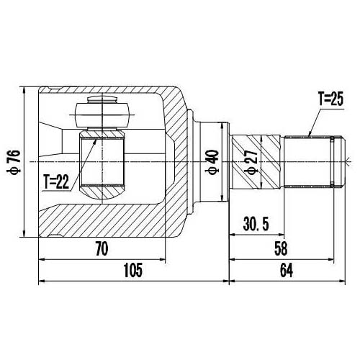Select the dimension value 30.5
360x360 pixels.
pyautogui.click(x=256, y=224)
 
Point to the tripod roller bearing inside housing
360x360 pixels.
pyautogui.click(x=102, y=112)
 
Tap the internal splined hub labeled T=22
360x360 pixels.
pyautogui.click(x=101, y=162)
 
